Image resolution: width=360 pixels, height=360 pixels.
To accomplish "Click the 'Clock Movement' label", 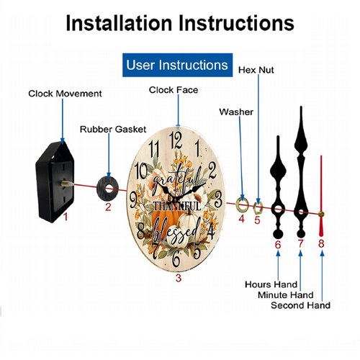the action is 65,94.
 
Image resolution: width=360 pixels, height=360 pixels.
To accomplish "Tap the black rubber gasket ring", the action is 102,189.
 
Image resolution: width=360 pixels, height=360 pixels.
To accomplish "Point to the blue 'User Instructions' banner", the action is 177,65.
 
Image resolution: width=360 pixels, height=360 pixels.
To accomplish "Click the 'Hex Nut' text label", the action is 256,70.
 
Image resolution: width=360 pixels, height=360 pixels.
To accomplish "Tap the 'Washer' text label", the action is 236,112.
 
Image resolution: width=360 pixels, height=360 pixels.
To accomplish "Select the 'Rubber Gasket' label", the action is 113,130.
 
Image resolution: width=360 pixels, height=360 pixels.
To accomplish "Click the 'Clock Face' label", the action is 174,90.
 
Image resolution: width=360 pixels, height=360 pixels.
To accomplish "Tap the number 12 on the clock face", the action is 176,140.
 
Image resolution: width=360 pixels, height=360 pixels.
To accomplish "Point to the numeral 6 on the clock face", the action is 176,258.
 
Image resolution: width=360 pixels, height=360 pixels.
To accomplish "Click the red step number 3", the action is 179,278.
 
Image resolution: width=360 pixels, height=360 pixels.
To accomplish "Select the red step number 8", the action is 321,243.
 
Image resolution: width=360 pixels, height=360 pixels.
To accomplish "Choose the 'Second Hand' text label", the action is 300,305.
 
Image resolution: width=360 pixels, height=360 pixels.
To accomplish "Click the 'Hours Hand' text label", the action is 271,284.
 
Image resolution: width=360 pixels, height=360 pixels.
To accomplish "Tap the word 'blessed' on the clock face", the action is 176,232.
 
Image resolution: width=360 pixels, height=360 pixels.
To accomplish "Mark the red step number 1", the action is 66,217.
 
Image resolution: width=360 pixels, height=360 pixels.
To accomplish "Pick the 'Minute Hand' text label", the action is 286,295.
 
